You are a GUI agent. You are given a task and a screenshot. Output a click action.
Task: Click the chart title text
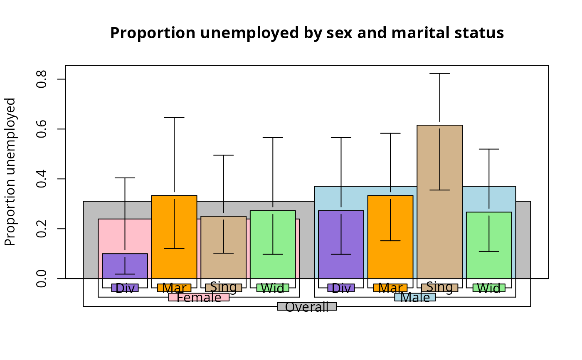point(307,33)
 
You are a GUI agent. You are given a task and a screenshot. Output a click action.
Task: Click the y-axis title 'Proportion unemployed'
point(10,172)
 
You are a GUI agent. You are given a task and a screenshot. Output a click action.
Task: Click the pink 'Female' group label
point(199,298)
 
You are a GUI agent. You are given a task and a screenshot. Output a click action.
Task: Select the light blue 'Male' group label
point(415,298)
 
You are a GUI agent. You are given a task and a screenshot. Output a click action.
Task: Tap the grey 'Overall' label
point(307,307)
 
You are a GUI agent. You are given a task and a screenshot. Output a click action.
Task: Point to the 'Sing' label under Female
point(223,287)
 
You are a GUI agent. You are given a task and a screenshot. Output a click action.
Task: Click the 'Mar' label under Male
point(390,288)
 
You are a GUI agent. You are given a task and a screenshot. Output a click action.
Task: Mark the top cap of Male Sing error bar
point(439,74)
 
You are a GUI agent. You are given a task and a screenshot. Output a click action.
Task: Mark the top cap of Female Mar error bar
point(174,118)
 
